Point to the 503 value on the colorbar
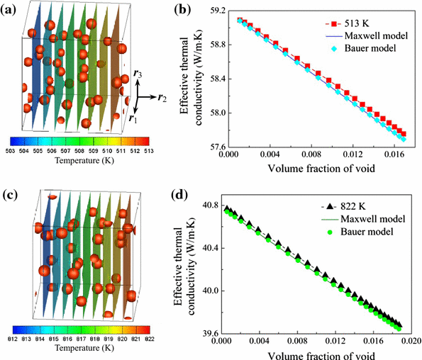16,150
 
